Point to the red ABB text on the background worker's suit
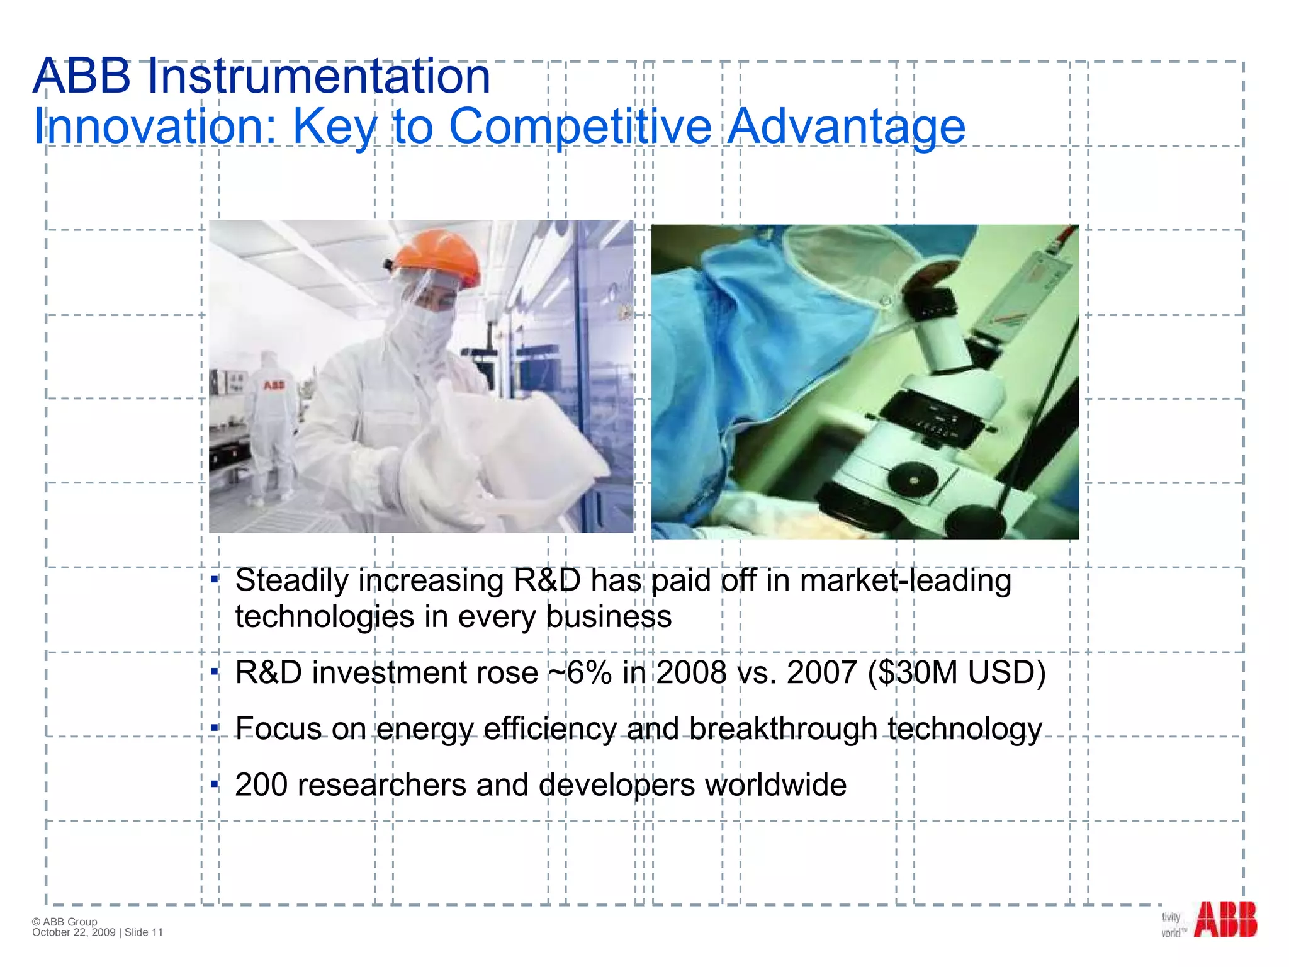point(274,385)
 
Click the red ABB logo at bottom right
point(1225,920)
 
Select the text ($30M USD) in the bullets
point(956,672)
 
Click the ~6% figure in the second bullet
point(580,672)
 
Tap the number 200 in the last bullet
point(261,785)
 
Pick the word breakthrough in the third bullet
point(783,729)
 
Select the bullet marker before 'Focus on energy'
point(214,728)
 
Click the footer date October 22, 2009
point(74,932)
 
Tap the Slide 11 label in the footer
point(144,932)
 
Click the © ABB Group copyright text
point(65,922)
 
